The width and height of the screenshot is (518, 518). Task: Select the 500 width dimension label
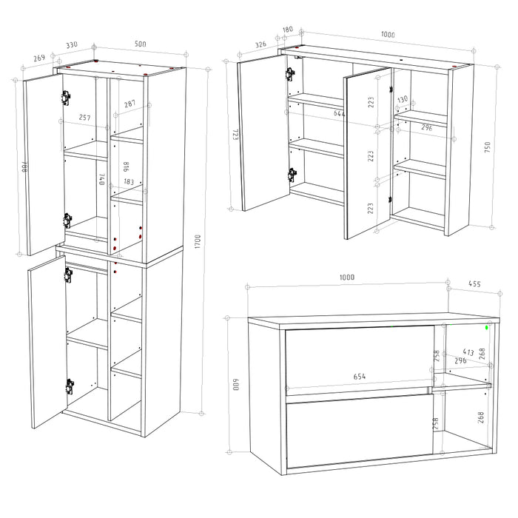click(140, 45)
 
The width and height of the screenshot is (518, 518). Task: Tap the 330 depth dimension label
click(71, 46)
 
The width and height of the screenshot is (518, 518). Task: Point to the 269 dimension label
click(39, 57)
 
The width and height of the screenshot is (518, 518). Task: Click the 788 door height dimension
click(24, 168)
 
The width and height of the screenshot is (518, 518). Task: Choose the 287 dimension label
click(129, 104)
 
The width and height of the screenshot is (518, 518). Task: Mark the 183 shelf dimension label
click(129, 182)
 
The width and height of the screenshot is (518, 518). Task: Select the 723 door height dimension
click(235, 135)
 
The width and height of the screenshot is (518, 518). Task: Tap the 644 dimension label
click(340, 113)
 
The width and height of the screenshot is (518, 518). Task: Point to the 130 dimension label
click(402, 100)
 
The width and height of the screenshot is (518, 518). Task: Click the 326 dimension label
click(260, 44)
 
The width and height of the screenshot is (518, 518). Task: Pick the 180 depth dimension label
click(288, 30)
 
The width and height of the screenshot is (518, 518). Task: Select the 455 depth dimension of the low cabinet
click(474, 283)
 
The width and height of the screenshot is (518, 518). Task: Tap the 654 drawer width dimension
click(359, 377)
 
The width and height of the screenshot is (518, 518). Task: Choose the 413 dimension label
click(468, 353)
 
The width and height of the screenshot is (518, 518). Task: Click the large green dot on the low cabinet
click(487, 326)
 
